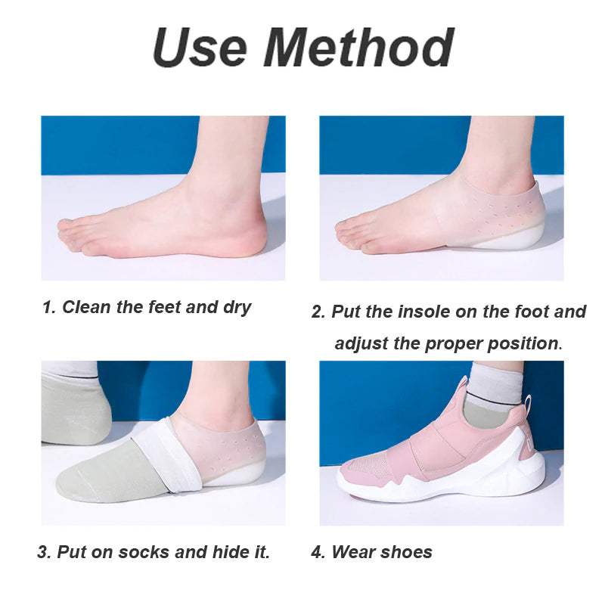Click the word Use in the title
click(x=199, y=48)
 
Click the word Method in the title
click(x=358, y=48)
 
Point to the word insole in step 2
click(x=414, y=312)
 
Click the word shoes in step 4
click(x=406, y=552)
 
